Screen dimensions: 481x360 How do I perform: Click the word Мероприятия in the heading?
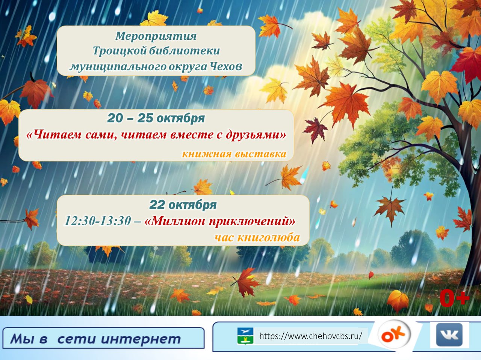click(x=156, y=36)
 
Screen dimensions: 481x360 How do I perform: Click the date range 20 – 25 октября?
click(x=156, y=118)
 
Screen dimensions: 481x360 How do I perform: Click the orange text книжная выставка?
click(x=234, y=154)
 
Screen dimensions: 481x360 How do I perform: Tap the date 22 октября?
click(x=183, y=205)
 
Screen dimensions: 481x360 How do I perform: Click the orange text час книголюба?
click(x=257, y=238)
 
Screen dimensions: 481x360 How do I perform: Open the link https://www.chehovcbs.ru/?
click(x=310, y=336)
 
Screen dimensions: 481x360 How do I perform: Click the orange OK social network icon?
click(x=394, y=334)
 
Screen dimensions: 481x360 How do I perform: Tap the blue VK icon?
click(x=449, y=335)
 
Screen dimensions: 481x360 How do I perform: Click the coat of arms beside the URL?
click(x=245, y=336)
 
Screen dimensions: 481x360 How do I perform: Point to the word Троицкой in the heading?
click(x=119, y=51)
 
